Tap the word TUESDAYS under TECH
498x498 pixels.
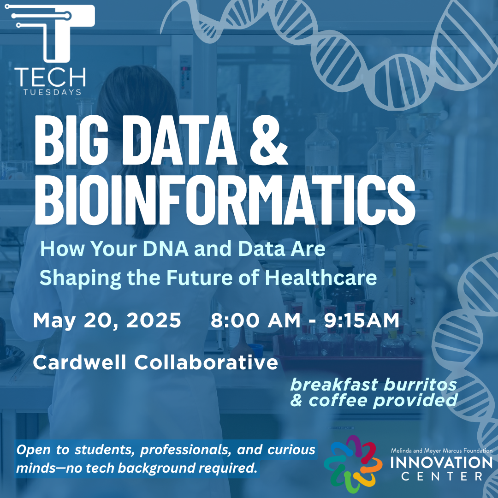53,92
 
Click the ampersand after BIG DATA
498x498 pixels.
269,140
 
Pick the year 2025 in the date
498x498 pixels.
154,320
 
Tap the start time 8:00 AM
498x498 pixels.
255,320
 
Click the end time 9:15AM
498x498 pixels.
362,320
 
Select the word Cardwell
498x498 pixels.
80,362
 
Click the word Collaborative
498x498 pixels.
206,362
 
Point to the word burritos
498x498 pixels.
420,385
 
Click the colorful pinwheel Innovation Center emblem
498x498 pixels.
353,464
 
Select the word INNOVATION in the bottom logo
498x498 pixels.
441,462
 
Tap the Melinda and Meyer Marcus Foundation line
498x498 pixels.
441,451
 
